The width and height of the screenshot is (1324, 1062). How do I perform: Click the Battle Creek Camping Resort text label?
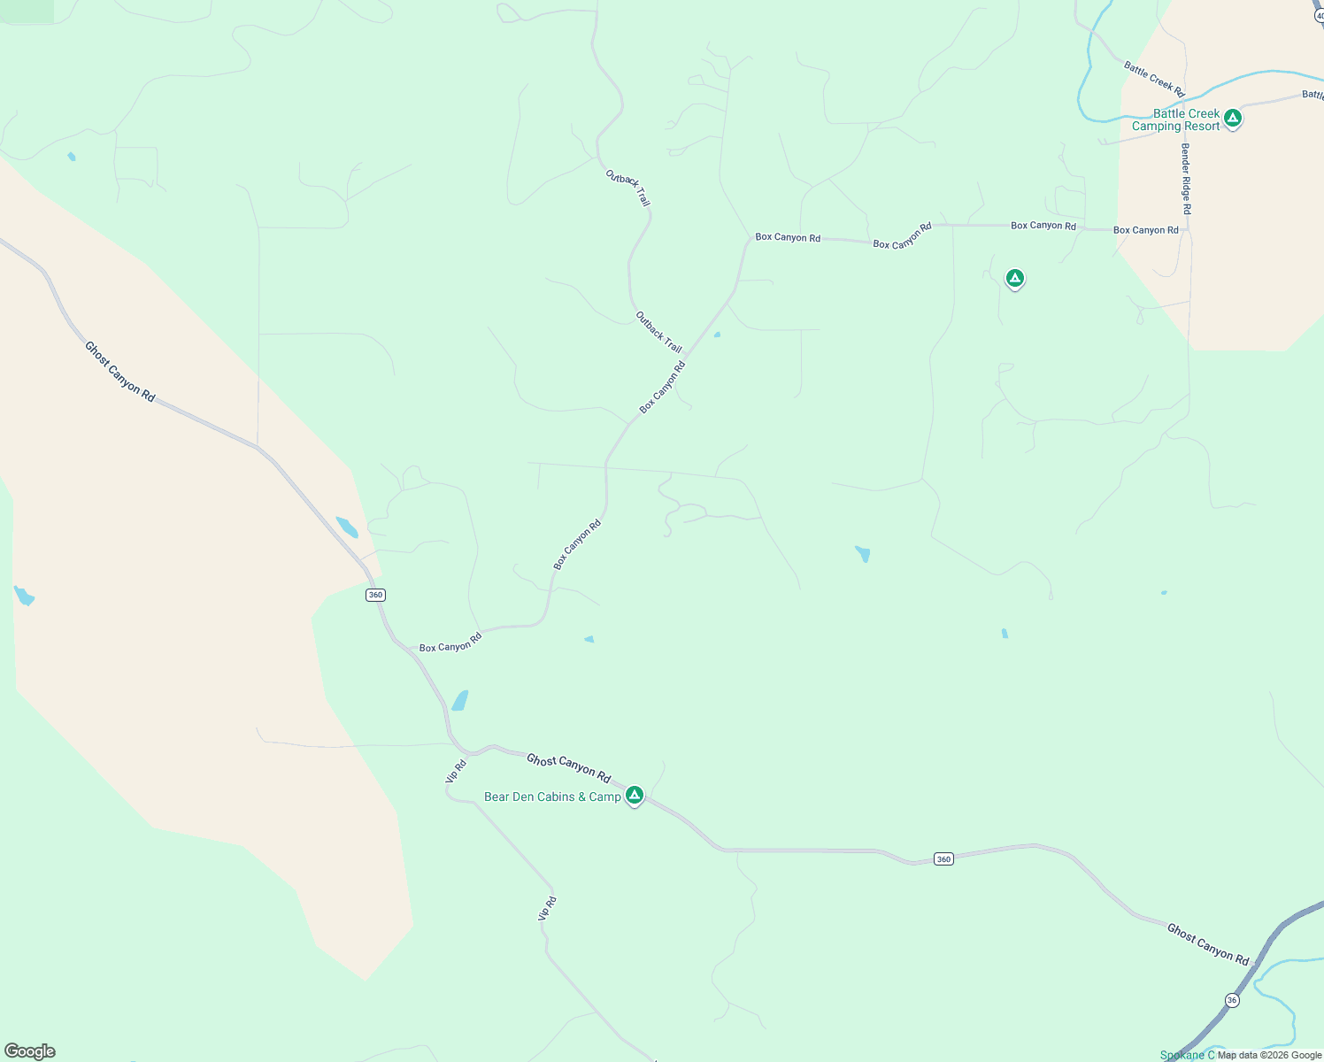[1176, 120]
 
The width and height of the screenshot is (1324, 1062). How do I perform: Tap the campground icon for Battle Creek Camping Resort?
[1233, 118]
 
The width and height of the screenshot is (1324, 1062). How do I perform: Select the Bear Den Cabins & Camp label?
[552, 797]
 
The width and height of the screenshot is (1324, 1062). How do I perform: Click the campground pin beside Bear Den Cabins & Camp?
[634, 796]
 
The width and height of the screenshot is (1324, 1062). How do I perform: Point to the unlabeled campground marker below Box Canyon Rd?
[1015, 279]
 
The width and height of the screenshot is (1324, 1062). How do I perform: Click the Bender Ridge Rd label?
[1186, 179]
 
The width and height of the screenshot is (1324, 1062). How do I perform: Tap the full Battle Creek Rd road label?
[1154, 79]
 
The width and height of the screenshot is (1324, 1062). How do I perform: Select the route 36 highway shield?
[1232, 1000]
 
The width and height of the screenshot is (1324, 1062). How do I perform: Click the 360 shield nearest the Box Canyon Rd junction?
[375, 595]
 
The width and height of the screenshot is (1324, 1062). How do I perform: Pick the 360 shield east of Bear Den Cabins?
[943, 859]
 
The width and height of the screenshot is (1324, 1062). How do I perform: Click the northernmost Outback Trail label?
[628, 189]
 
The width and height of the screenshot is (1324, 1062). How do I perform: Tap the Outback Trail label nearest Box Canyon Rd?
[658, 332]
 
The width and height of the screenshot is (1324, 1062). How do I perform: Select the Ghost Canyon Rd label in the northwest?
[120, 372]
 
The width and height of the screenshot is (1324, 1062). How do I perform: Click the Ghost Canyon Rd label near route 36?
[1207, 944]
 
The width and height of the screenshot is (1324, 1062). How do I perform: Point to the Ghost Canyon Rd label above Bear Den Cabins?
[568, 768]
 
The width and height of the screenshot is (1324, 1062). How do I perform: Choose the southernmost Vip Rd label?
[548, 909]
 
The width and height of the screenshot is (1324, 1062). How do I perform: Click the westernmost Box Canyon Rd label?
[450, 643]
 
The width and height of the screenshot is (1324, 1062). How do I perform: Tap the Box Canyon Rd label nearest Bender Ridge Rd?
[1145, 230]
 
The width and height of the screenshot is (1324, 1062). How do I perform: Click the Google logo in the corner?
[30, 1051]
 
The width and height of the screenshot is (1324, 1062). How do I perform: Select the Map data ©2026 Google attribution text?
[1269, 1055]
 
